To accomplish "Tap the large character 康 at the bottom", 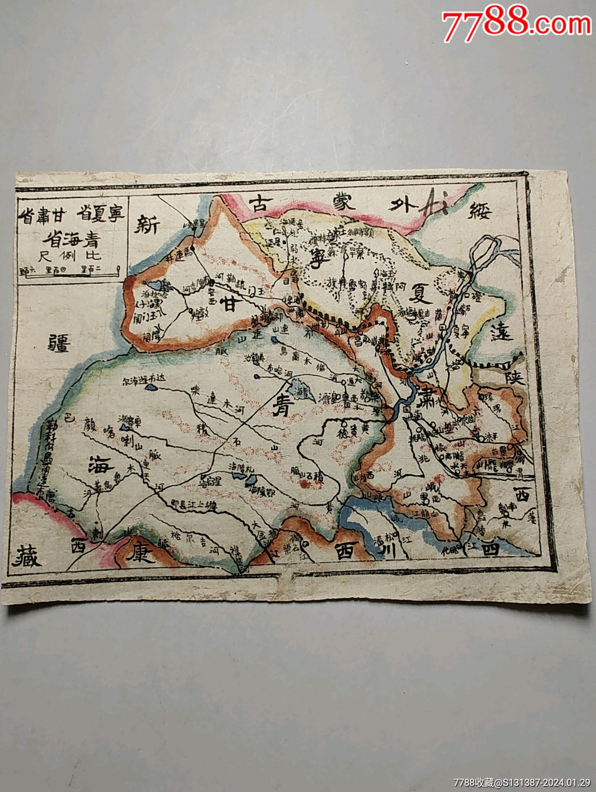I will click(x=140, y=553).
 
